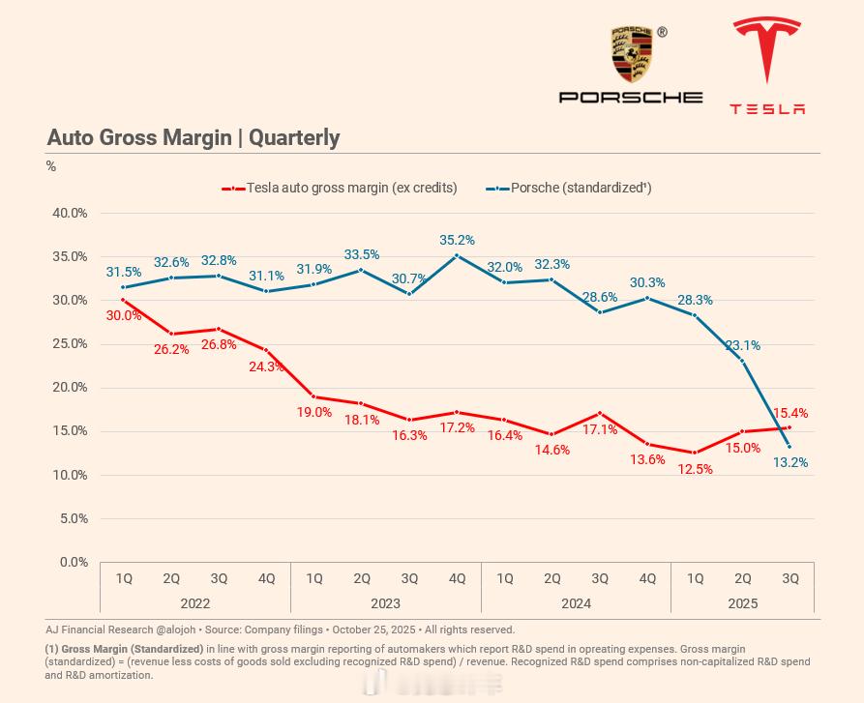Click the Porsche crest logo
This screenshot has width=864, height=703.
click(631, 55)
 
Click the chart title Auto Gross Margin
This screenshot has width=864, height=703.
click(193, 137)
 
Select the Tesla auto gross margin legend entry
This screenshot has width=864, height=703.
click(340, 188)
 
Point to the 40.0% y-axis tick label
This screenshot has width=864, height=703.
click(68, 213)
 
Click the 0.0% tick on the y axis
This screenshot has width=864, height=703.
click(72, 562)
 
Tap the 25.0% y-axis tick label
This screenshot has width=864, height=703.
click(68, 343)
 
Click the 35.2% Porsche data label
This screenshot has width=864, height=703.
click(457, 240)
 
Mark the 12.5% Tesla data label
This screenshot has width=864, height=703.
click(695, 469)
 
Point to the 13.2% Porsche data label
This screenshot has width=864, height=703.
click(790, 462)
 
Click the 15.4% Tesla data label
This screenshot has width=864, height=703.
click(790, 413)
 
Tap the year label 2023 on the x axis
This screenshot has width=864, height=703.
click(385, 603)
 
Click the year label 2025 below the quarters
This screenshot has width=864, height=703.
click(742, 603)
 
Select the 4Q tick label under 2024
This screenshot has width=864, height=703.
click(647, 578)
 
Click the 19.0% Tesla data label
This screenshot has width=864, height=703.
click(314, 412)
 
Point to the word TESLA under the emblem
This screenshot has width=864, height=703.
click(767, 108)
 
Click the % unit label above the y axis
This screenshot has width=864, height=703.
click(51, 166)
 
